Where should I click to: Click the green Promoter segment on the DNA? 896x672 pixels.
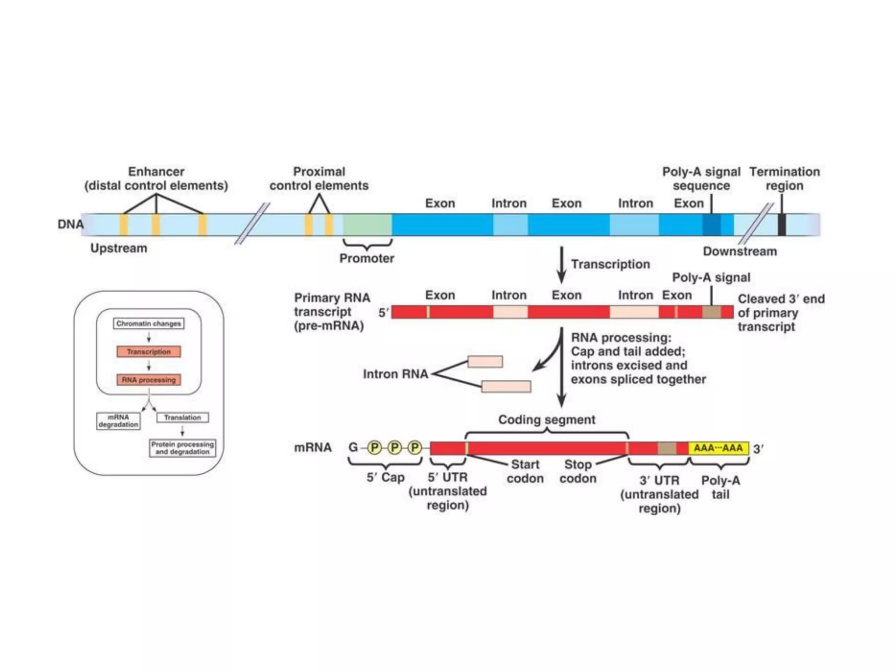[x=367, y=225]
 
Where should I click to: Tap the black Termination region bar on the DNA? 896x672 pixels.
[x=781, y=225]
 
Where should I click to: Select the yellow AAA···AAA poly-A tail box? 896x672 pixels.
[x=718, y=448]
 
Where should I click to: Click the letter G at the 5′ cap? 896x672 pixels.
[x=353, y=448]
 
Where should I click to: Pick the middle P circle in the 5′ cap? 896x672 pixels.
[x=395, y=448]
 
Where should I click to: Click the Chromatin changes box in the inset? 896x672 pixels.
[x=149, y=324]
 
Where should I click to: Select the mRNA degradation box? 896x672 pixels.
[x=118, y=421]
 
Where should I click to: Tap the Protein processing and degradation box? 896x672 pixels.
[x=182, y=448]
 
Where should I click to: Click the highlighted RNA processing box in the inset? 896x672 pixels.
[x=149, y=380]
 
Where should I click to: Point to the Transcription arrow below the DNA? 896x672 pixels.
[x=561, y=265]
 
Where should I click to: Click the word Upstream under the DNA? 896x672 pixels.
[x=119, y=248]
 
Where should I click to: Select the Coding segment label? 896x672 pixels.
[x=546, y=420]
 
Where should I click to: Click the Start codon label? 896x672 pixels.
[x=525, y=471]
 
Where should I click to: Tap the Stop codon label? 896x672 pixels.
[x=577, y=471]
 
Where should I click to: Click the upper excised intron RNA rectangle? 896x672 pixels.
[x=485, y=361]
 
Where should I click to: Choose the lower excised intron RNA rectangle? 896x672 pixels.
[x=506, y=386]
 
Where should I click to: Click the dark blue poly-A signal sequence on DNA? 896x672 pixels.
[x=711, y=225]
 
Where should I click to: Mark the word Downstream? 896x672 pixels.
[x=740, y=252]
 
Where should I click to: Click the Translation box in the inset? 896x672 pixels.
[x=182, y=417]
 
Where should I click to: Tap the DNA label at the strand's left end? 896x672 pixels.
[x=70, y=224]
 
